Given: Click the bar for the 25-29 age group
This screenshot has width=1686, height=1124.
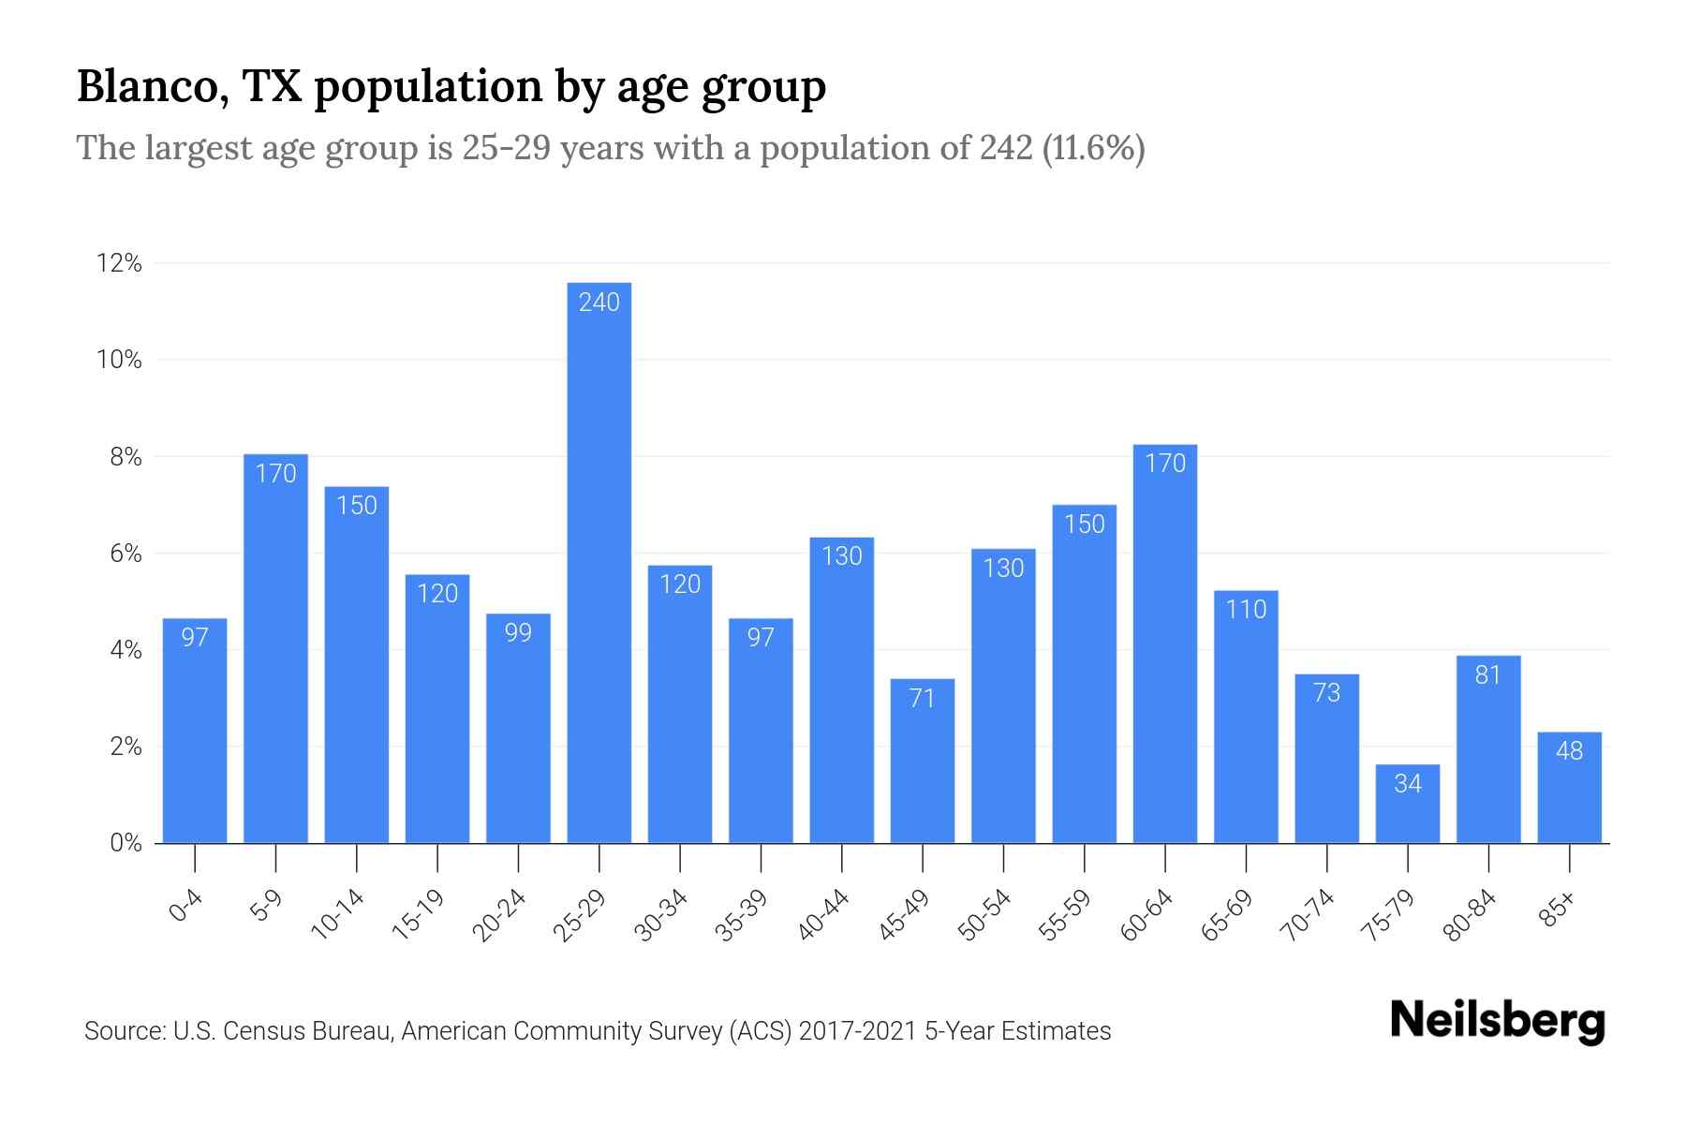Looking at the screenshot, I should click(x=599, y=562).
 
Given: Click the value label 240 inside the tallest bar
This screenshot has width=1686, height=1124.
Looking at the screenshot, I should click(x=599, y=302).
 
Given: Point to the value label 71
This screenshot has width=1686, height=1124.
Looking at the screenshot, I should click(x=922, y=699).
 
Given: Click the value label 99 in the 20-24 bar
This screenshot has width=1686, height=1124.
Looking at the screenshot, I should click(x=518, y=633).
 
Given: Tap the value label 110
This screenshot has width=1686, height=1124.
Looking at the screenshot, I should click(x=1245, y=610).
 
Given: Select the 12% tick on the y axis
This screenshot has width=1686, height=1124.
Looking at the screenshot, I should click(x=119, y=263).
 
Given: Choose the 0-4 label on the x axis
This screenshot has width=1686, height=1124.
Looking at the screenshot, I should click(x=186, y=907).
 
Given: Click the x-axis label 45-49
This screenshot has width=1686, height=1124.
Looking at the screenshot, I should click(x=904, y=915).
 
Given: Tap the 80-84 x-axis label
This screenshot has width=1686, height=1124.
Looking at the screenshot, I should click(x=1470, y=915).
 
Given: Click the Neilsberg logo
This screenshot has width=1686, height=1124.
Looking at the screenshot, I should click(x=1497, y=1022).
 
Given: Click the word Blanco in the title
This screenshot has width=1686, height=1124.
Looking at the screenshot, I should click(x=147, y=86).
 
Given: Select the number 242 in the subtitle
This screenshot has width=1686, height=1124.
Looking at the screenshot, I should click(x=1006, y=148).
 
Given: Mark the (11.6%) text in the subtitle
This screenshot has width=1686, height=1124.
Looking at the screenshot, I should click(x=1093, y=148).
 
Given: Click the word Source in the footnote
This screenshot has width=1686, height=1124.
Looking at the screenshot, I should click(x=122, y=1031).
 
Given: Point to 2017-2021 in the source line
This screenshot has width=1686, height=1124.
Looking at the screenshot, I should click(x=857, y=1031).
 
